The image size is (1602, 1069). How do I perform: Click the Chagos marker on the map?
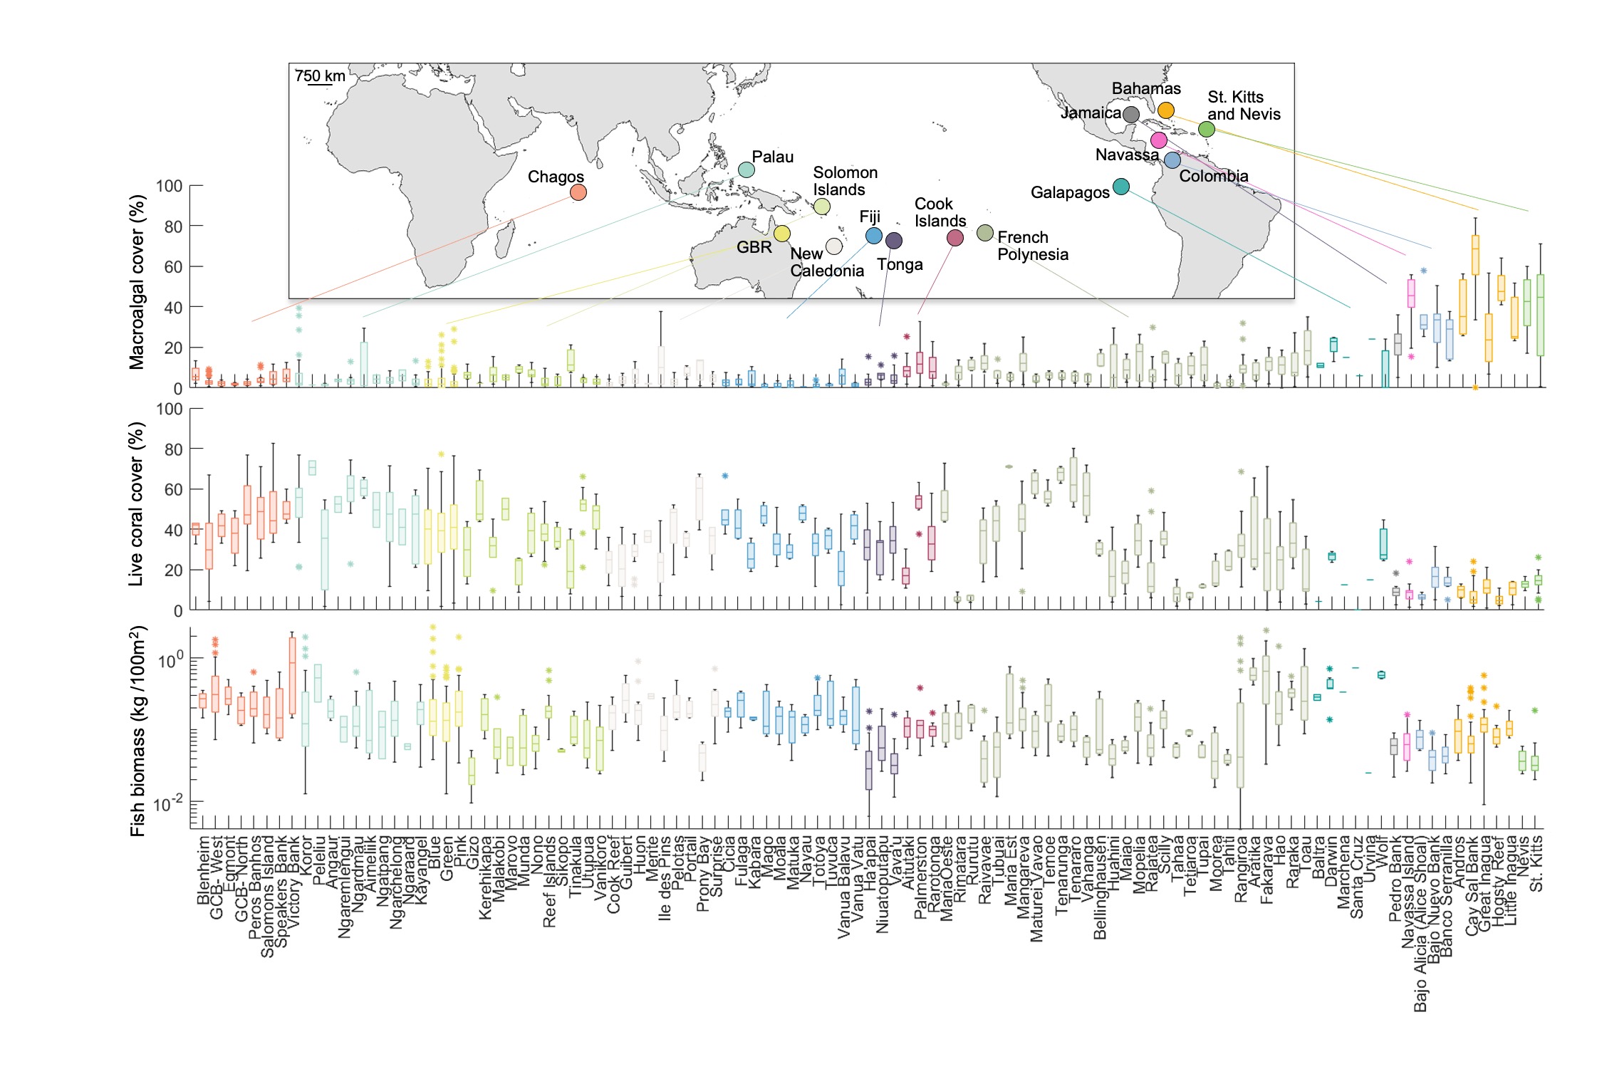[x=578, y=192]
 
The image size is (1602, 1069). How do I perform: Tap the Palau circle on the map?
[x=746, y=170]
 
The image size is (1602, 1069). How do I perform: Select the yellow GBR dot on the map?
[x=781, y=234]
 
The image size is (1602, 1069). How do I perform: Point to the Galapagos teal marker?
[x=1120, y=187]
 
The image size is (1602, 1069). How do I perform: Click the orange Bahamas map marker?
[x=1165, y=110]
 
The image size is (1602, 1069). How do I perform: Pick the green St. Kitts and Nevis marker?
[x=1206, y=129]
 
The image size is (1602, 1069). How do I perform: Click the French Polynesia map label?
[x=1032, y=246]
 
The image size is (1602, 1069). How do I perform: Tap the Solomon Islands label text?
[x=845, y=181]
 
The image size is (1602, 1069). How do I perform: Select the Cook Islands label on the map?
[x=940, y=212]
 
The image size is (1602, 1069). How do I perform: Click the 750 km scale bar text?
[x=320, y=76]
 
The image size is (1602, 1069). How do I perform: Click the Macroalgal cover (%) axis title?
[x=137, y=283]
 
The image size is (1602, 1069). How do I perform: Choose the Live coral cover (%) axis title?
[x=137, y=504]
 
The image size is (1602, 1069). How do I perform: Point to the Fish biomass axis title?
[x=138, y=731]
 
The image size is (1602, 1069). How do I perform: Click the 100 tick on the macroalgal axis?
[x=169, y=187]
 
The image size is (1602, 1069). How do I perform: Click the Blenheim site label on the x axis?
[x=204, y=870]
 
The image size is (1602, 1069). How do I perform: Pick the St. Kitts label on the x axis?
[x=1536, y=863]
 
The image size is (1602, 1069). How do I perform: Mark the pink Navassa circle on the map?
[x=1159, y=140]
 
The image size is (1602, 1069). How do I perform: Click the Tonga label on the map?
[x=900, y=265]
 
